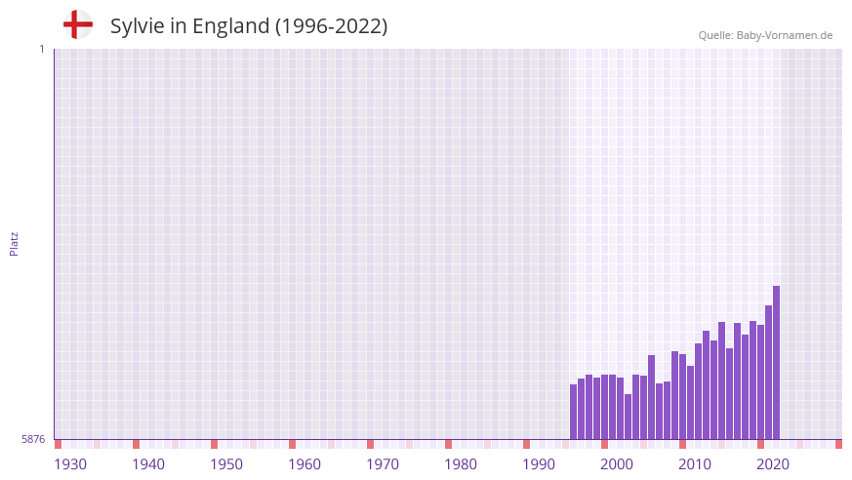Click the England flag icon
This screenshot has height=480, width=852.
coord(78,24)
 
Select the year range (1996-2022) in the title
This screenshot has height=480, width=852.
coord(331,26)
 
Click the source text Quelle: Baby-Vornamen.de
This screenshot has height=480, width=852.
coord(765,35)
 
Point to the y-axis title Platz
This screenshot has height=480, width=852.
coord(14,244)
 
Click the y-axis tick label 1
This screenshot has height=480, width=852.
coord(41,49)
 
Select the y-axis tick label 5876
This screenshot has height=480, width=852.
coord(33,439)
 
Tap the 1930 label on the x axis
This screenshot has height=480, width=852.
coord(70,464)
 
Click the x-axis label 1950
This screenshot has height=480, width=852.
coord(226,464)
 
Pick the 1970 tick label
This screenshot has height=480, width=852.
coord(383,464)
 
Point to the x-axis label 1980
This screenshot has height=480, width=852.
coord(461,464)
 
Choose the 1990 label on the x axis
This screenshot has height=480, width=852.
coord(539,464)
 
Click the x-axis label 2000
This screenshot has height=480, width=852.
coord(617,464)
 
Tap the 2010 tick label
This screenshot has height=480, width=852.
coord(695,464)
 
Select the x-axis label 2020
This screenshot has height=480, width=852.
coord(773,464)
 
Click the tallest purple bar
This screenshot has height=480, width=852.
coord(776,363)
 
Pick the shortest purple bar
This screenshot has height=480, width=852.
coord(628,417)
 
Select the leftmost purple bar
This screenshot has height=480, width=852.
coord(573,412)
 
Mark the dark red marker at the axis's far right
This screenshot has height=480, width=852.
coord(838,444)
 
